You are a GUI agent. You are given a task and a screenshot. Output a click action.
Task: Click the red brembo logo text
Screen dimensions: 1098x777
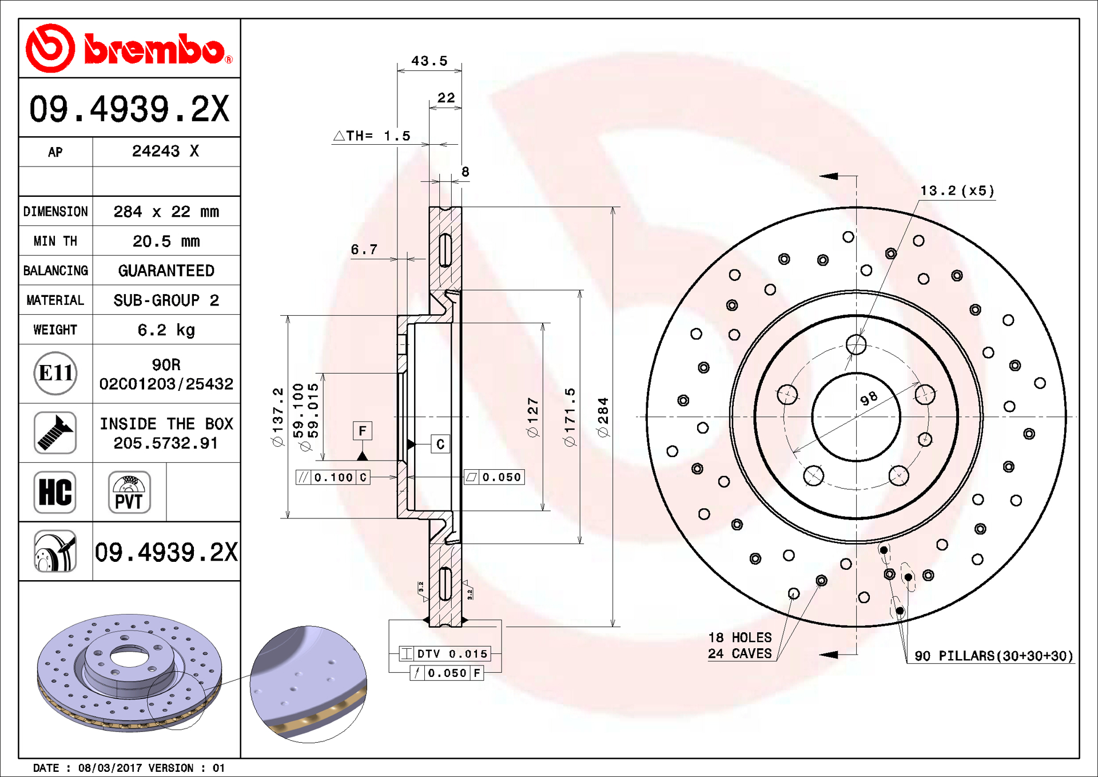coord(154,49)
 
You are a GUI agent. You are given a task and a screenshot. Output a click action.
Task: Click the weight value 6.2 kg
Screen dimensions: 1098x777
coord(166,330)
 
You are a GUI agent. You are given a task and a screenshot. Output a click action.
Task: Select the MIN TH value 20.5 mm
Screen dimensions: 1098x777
coord(166,241)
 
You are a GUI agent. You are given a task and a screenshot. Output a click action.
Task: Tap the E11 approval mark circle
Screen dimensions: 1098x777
coord(55,374)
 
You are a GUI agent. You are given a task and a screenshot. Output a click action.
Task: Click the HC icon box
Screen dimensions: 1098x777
coord(55,492)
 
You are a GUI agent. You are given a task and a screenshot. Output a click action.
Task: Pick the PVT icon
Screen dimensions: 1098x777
coord(129,492)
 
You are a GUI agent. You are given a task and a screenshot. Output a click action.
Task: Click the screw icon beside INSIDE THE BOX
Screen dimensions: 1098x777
coord(55,433)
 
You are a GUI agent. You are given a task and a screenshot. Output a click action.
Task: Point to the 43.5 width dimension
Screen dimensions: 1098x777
coord(429,61)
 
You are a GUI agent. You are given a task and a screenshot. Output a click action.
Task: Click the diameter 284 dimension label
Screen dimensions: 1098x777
coord(603,418)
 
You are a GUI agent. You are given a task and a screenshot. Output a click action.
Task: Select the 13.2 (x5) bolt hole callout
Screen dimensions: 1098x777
coord(957,191)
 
